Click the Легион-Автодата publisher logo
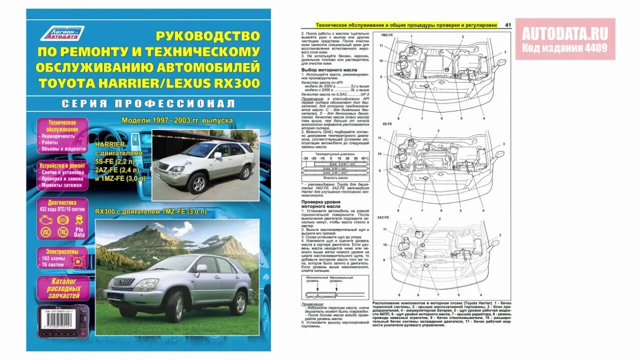pyautogui.click(x=62, y=34)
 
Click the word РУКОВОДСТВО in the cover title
pyautogui.click(x=207, y=36)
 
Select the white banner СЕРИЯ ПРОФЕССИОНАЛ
pyautogui.click(x=147, y=104)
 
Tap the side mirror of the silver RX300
pyautogui.click(x=201, y=268)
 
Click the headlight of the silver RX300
pyautogui.click(x=145, y=284)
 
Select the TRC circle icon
pyautogui.click(x=62, y=232)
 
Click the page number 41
pyautogui.click(x=508, y=25)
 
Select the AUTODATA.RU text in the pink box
pyautogui.click(x=565, y=33)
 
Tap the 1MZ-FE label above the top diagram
pyautogui.click(x=387, y=35)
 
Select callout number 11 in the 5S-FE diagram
pyautogui.click(x=380, y=138)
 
